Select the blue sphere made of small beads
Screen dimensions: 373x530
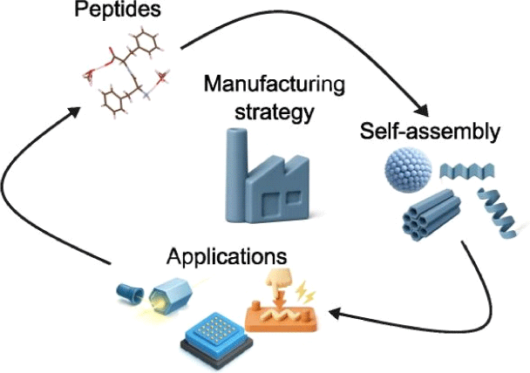407,177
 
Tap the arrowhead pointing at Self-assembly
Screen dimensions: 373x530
422,112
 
